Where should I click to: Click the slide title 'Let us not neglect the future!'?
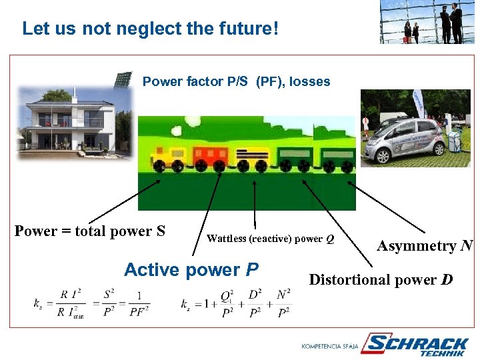[149, 29]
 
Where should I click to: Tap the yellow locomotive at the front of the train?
[166, 158]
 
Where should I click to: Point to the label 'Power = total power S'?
[90, 231]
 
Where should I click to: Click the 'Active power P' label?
[191, 270]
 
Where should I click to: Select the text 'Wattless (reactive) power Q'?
[271, 239]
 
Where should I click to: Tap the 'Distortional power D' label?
[381, 279]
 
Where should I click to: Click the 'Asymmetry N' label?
[425, 246]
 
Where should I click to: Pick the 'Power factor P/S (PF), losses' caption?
[237, 81]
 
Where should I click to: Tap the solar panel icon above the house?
[122, 80]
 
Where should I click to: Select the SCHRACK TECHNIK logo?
[419, 345]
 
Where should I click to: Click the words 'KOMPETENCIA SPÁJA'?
[329, 347]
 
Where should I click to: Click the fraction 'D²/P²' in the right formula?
[254, 303]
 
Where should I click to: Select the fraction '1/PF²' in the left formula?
[139, 303]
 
